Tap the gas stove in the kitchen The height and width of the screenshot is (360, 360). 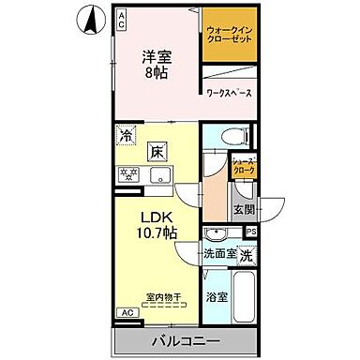(x=128, y=174)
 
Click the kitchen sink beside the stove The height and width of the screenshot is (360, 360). (x=159, y=174)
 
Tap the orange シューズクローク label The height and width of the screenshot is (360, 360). (x=244, y=166)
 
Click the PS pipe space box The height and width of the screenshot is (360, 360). (x=250, y=231)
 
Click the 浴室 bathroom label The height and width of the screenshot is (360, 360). (x=217, y=299)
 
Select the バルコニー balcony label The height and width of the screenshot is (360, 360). (x=185, y=341)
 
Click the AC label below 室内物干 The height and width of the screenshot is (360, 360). (x=125, y=313)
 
